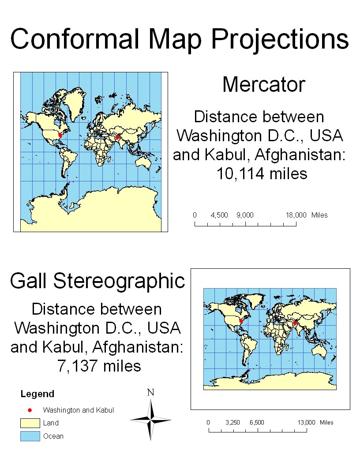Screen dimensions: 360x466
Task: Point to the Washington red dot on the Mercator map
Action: click(60, 135)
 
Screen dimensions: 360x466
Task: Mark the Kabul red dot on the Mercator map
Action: click(118, 138)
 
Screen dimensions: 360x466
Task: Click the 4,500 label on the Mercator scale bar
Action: click(219, 215)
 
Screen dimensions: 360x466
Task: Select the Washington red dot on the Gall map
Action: click(241, 321)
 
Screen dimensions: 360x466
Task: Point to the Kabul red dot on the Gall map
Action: click(295, 323)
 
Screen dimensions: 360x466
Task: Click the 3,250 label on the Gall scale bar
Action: click(232, 422)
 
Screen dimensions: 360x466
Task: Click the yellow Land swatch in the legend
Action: click(30, 423)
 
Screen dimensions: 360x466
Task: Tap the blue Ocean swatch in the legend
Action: click(30, 436)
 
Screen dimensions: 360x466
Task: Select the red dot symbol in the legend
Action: click(30, 410)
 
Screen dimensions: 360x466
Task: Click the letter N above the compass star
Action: click(151, 392)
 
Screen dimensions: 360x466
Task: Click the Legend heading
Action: click(37, 394)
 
